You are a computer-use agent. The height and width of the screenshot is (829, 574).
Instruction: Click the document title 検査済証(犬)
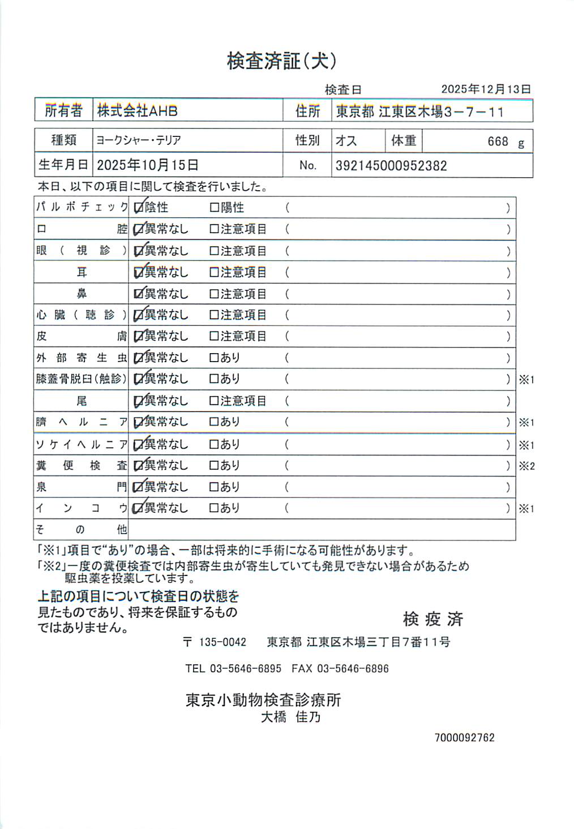(x=281, y=61)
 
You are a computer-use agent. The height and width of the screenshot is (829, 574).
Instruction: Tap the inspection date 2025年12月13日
(x=486, y=89)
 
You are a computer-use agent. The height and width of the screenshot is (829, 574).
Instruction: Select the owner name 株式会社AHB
(x=138, y=111)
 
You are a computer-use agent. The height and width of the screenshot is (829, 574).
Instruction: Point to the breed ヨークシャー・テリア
(x=138, y=140)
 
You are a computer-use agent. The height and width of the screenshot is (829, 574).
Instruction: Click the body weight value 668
(x=498, y=141)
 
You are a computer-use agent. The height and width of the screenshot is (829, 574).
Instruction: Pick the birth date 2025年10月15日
(x=148, y=165)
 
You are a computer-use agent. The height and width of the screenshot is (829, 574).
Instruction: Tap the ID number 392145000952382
(x=391, y=166)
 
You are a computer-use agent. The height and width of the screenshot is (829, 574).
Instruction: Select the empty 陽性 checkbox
(x=214, y=208)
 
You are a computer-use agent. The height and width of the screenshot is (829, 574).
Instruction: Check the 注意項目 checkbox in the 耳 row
(x=214, y=272)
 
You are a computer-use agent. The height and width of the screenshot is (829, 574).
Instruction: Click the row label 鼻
(x=82, y=294)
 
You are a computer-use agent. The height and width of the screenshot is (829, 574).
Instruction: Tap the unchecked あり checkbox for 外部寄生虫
(x=214, y=358)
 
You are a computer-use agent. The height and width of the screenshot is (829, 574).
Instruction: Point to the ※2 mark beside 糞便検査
(x=526, y=466)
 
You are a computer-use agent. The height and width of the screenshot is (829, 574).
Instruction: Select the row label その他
(x=82, y=530)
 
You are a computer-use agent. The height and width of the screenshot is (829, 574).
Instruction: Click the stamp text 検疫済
(x=433, y=619)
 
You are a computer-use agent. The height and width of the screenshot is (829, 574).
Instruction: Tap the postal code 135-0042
(x=222, y=642)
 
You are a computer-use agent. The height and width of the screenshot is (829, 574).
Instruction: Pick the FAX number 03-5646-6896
(x=353, y=669)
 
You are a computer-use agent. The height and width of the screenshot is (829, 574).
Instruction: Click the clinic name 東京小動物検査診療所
(x=263, y=700)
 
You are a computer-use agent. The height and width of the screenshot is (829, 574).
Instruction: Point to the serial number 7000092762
(x=464, y=738)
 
